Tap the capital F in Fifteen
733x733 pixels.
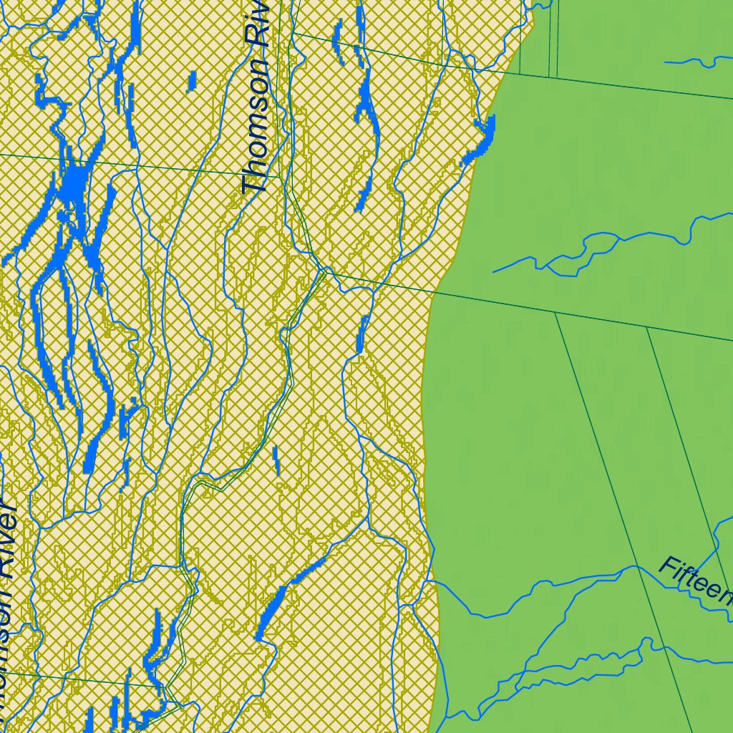coord(667,567)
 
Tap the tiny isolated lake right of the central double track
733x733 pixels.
coord(276,460)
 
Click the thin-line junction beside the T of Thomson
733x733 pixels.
coord(280,176)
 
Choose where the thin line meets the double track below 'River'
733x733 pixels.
coord(166,687)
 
